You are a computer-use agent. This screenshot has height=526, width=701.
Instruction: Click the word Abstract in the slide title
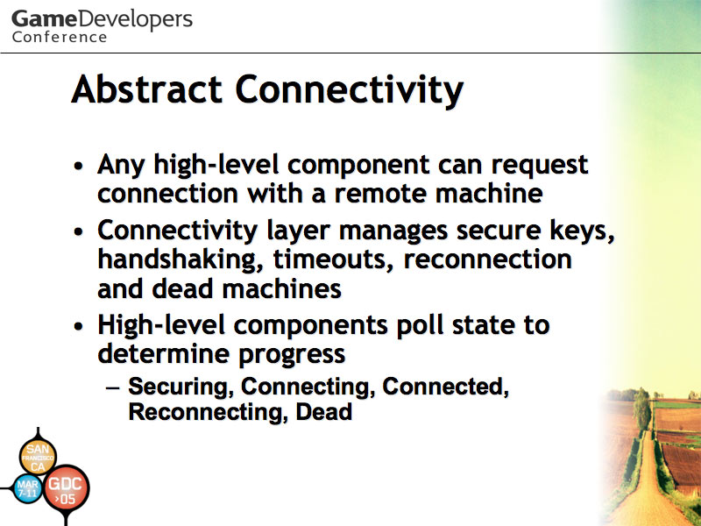146,89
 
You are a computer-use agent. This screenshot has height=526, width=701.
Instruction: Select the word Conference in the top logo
60,37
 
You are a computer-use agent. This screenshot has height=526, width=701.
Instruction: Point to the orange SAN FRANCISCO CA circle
38,457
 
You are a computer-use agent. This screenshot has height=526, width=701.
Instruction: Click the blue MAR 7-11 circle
28,488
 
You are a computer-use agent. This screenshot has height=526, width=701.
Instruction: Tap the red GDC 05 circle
66,488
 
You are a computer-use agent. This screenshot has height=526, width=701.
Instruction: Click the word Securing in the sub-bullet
181,387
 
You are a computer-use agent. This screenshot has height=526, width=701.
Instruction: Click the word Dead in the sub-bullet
324,411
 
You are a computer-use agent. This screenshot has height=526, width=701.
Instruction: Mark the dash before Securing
113,387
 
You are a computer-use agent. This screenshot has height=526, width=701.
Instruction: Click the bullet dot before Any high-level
79,166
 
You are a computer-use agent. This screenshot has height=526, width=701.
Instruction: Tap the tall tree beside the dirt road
641,409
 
